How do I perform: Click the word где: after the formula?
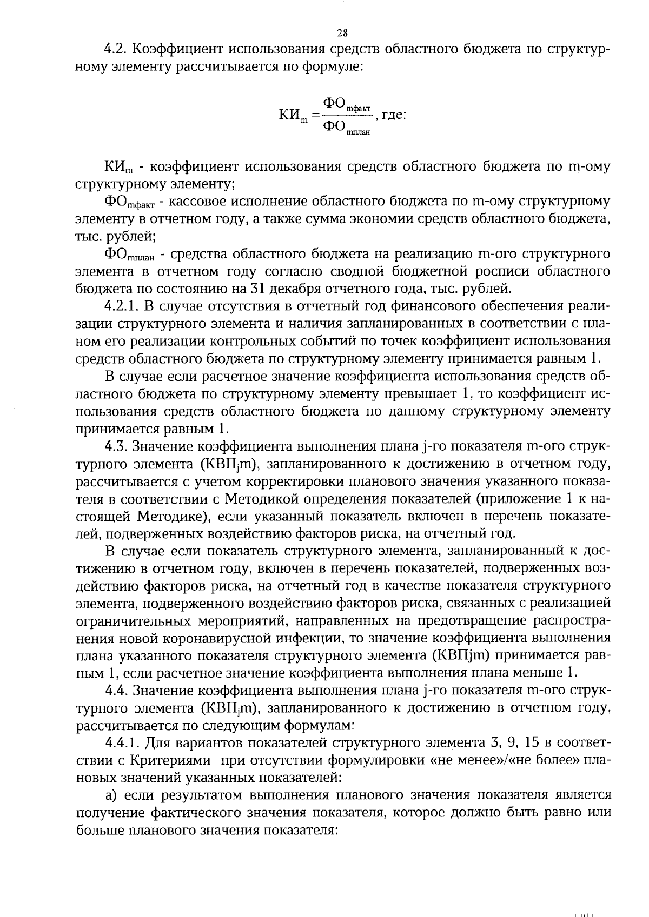click(394, 115)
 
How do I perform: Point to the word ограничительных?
click(127, 620)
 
